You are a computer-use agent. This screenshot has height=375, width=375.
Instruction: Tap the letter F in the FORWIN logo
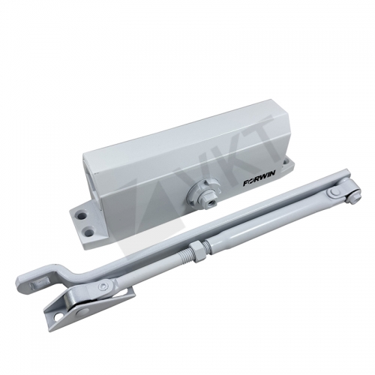pyautogui.click(x=246, y=184)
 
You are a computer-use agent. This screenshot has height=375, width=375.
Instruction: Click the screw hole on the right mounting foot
pyautogui.click(x=286, y=162)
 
